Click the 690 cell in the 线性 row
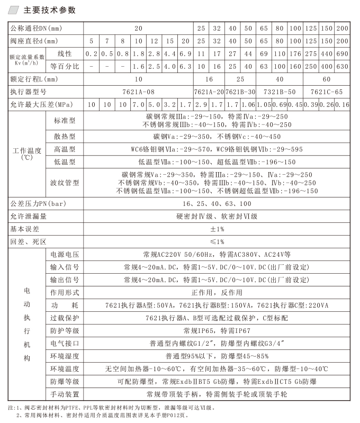pos(342,54)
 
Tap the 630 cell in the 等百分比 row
pos(342,67)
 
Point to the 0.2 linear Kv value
pos(92,54)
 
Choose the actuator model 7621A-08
pos(138,92)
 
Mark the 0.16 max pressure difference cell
pos(342,104)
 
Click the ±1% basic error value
pos(217,229)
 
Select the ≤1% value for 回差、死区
pos(217,241)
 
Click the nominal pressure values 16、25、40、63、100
pos(217,203)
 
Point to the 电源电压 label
pos(65,254)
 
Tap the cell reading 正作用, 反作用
pos(217,292)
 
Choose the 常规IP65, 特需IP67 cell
pos(217,331)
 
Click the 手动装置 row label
pos(65,394)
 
